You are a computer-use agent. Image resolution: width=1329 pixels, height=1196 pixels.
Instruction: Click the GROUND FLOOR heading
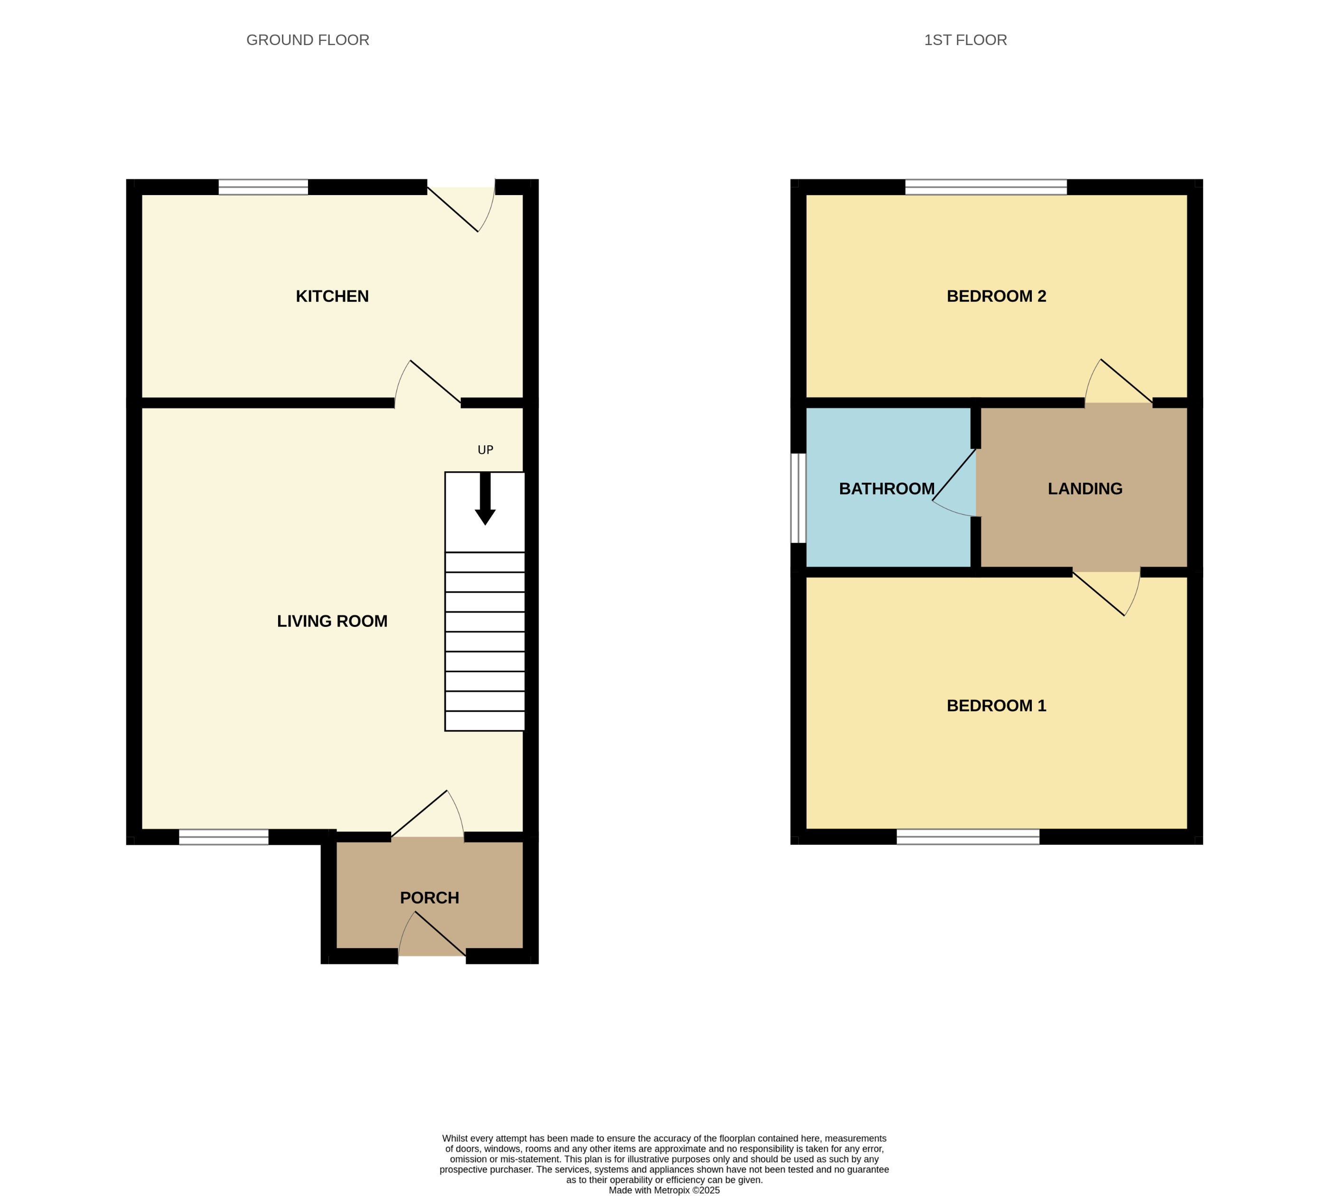tap(308, 40)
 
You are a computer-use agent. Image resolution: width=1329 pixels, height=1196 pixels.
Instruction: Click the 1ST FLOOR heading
tap(965, 40)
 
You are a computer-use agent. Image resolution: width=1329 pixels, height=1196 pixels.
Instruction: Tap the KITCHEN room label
tap(332, 296)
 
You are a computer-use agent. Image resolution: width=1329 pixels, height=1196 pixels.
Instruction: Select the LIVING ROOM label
tap(332, 621)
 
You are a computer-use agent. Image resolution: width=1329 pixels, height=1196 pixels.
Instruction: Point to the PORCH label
tap(429, 897)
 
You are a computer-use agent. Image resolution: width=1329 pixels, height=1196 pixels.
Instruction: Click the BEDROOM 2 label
tap(996, 296)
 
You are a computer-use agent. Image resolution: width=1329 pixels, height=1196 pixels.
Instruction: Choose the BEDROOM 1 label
tap(996, 706)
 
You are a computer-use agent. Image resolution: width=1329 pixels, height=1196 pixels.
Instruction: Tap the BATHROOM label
tap(886, 489)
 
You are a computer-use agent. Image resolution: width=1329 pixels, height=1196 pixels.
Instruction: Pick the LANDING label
tap(1085, 489)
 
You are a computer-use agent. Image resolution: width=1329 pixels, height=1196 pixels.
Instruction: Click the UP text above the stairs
tap(485, 450)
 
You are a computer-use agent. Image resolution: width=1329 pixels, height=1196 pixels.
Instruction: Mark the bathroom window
tap(798, 498)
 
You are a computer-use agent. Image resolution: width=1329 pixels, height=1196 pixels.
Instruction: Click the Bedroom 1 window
tap(967, 837)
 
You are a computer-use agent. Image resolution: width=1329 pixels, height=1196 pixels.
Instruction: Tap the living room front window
tap(224, 837)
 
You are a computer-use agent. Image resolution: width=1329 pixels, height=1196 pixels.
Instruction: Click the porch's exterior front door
tap(434, 936)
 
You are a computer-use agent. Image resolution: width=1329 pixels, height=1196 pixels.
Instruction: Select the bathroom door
tap(955, 480)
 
